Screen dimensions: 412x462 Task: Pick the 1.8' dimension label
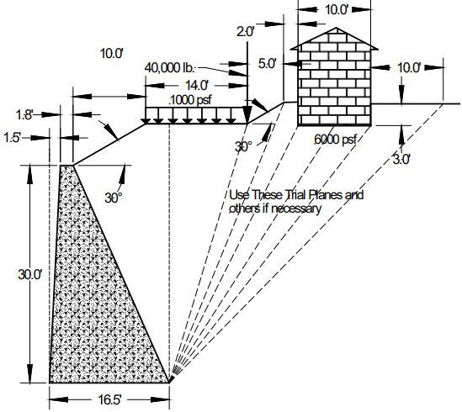(26, 114)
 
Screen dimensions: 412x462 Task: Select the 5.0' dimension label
(267, 63)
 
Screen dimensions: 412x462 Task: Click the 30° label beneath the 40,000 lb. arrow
(243, 146)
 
